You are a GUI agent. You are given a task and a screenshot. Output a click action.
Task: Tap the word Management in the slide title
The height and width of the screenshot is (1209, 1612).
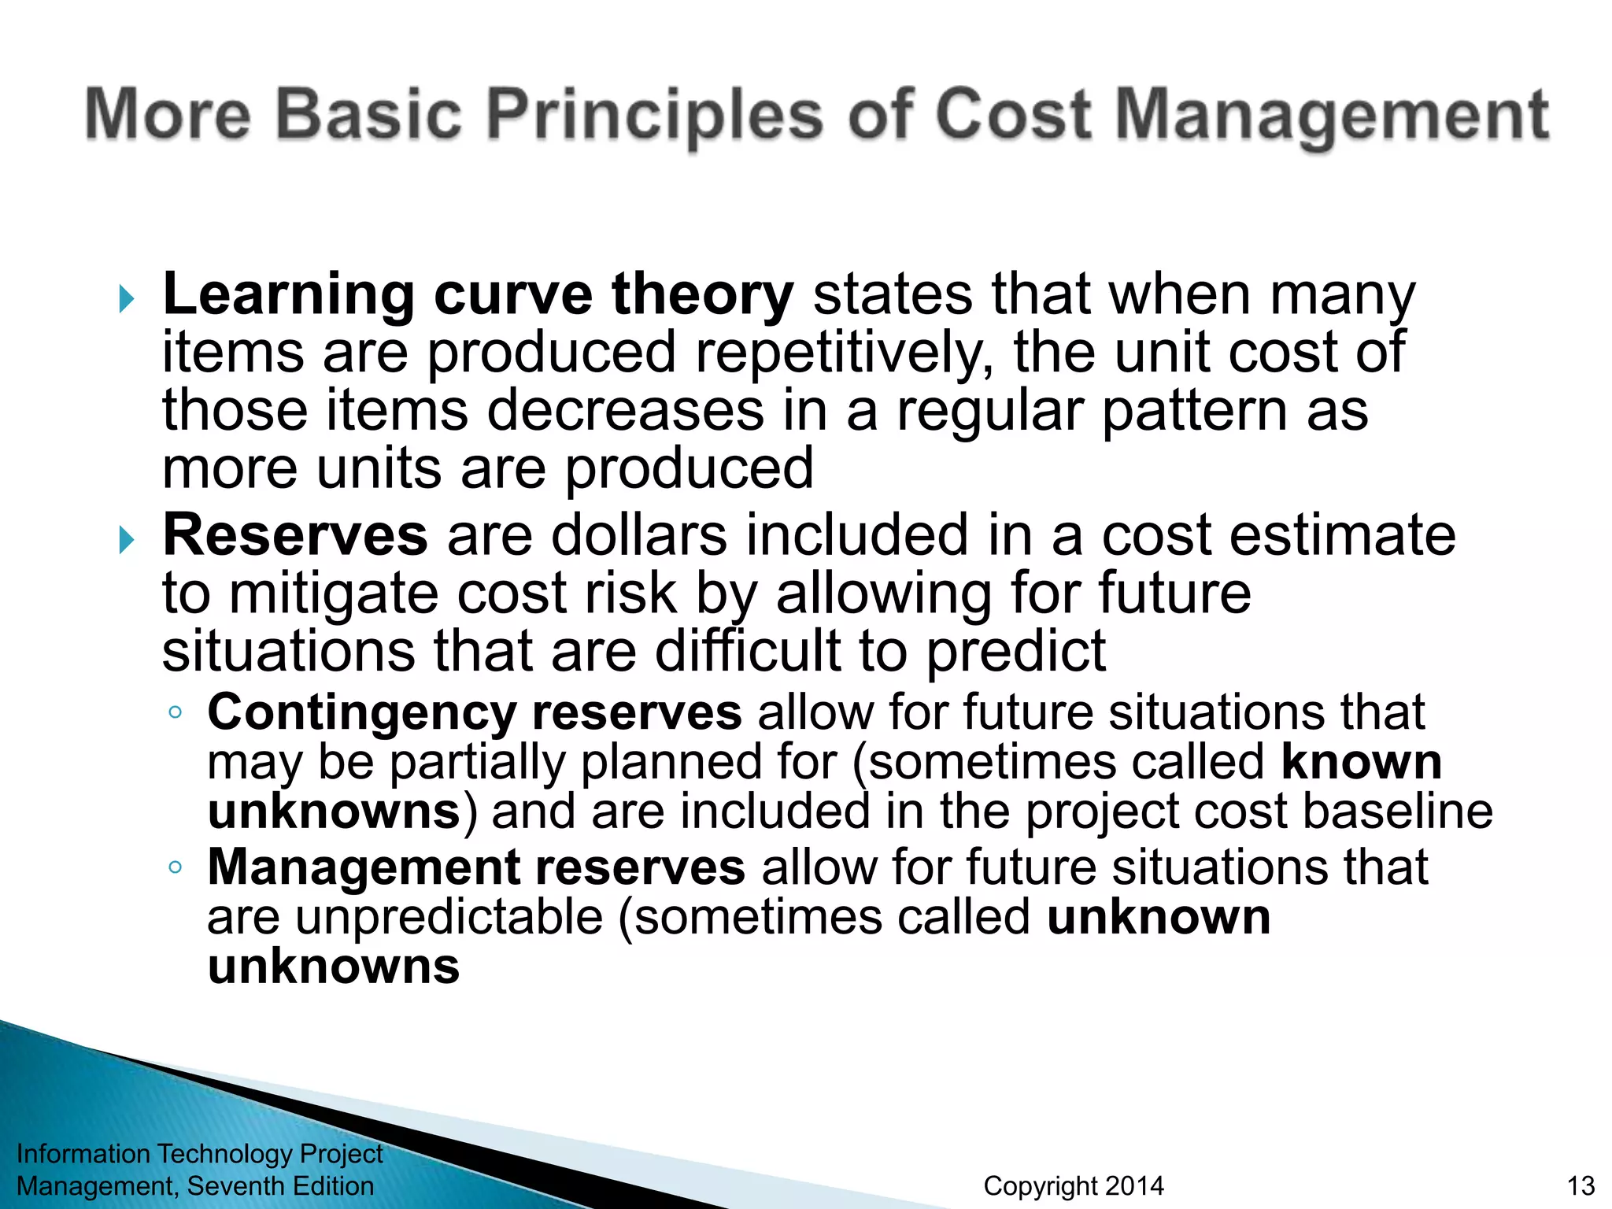click(x=1332, y=116)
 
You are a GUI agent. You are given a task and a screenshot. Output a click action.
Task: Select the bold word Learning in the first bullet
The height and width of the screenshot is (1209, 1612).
click(x=288, y=294)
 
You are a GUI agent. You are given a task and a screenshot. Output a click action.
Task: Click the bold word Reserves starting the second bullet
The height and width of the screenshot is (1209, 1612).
click(x=295, y=535)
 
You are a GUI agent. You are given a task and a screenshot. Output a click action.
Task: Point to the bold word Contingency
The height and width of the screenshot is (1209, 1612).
click(x=361, y=712)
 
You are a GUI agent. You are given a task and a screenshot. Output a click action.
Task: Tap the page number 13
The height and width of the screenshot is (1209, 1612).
click(x=1581, y=1186)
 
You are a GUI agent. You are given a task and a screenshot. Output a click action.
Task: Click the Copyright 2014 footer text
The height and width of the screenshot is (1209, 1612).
click(x=1073, y=1186)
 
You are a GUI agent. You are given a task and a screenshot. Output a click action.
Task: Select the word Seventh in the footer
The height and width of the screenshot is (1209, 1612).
click(x=235, y=1186)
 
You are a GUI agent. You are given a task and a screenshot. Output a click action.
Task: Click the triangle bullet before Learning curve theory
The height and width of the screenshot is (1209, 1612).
click(x=127, y=299)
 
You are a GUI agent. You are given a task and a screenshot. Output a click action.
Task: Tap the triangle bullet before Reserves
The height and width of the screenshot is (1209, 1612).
click(x=127, y=540)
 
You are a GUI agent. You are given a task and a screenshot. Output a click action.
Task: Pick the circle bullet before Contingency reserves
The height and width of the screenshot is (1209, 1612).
click(x=176, y=713)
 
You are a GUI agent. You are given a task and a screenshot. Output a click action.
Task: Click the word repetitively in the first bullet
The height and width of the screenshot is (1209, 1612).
click(x=843, y=353)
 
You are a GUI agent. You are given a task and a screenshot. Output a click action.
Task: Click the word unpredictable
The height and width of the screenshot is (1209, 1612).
click(x=449, y=918)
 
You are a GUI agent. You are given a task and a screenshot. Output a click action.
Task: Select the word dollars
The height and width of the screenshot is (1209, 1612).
click(x=638, y=535)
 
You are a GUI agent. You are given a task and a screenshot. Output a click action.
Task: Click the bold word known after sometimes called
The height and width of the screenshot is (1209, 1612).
click(x=1361, y=762)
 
